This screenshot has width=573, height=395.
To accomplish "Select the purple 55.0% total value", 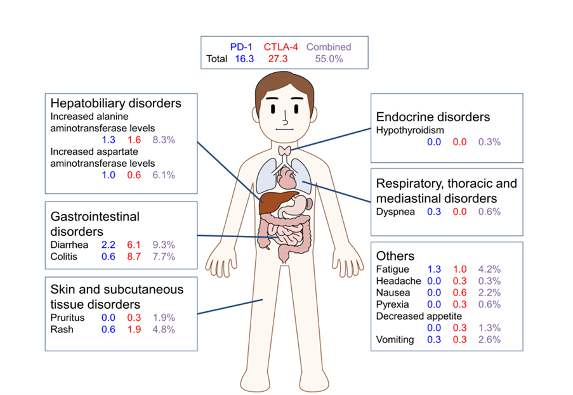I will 329,59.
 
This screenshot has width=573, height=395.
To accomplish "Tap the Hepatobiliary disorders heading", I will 116,103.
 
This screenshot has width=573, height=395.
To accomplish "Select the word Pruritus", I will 67,317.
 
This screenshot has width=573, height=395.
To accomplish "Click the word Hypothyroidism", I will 410,130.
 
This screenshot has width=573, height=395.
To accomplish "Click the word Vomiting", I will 395,340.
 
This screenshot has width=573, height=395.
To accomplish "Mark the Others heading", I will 395,256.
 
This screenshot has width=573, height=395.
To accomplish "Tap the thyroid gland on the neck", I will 286,150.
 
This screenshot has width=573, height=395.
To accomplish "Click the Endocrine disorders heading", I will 433,117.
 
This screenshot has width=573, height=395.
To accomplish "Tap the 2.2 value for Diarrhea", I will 108,245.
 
